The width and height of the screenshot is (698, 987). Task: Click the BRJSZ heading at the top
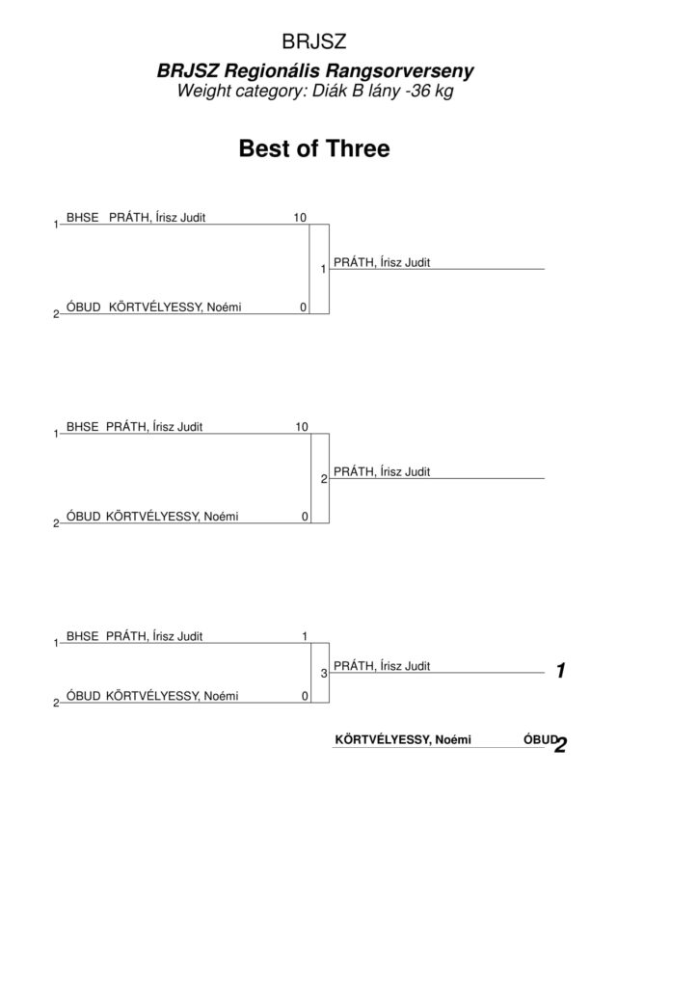(314, 41)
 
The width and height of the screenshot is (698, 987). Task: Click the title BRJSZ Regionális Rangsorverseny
(314, 70)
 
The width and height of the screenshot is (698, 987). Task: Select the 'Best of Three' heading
(314, 148)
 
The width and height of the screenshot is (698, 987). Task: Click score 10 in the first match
(300, 217)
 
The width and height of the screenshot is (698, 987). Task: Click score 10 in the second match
(302, 427)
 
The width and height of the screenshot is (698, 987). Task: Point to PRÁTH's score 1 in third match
(305, 636)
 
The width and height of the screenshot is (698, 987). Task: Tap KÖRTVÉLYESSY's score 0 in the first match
(304, 307)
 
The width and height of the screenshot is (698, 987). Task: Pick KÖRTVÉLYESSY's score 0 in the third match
(306, 696)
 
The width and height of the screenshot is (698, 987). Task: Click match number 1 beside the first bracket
(324, 270)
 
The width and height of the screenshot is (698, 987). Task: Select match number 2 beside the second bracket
(324, 479)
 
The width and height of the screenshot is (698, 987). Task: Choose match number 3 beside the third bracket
(324, 674)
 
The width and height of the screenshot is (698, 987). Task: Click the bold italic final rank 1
(561, 671)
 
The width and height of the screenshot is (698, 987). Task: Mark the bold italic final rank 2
(561, 745)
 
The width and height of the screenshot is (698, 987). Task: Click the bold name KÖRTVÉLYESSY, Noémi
(403, 739)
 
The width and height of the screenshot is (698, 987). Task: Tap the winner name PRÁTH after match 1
(382, 262)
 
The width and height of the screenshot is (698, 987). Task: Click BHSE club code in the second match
(83, 427)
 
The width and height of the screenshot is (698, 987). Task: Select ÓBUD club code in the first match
(84, 307)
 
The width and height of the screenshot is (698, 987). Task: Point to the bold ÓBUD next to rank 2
(540, 739)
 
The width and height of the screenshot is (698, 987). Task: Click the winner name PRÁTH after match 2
(382, 471)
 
